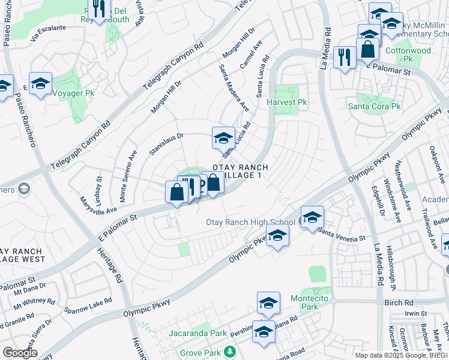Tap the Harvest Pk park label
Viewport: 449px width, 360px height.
point(291,103)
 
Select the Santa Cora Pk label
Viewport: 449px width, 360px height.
point(375,106)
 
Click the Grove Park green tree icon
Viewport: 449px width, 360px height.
point(228,350)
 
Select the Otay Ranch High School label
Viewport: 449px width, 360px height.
point(250,222)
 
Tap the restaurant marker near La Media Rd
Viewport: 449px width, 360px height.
point(344,58)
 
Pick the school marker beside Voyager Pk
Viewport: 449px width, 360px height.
point(40,83)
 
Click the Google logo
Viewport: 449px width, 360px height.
point(20,353)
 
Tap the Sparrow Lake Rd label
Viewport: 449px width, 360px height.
point(89,306)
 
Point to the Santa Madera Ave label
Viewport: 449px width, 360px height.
point(234,88)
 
